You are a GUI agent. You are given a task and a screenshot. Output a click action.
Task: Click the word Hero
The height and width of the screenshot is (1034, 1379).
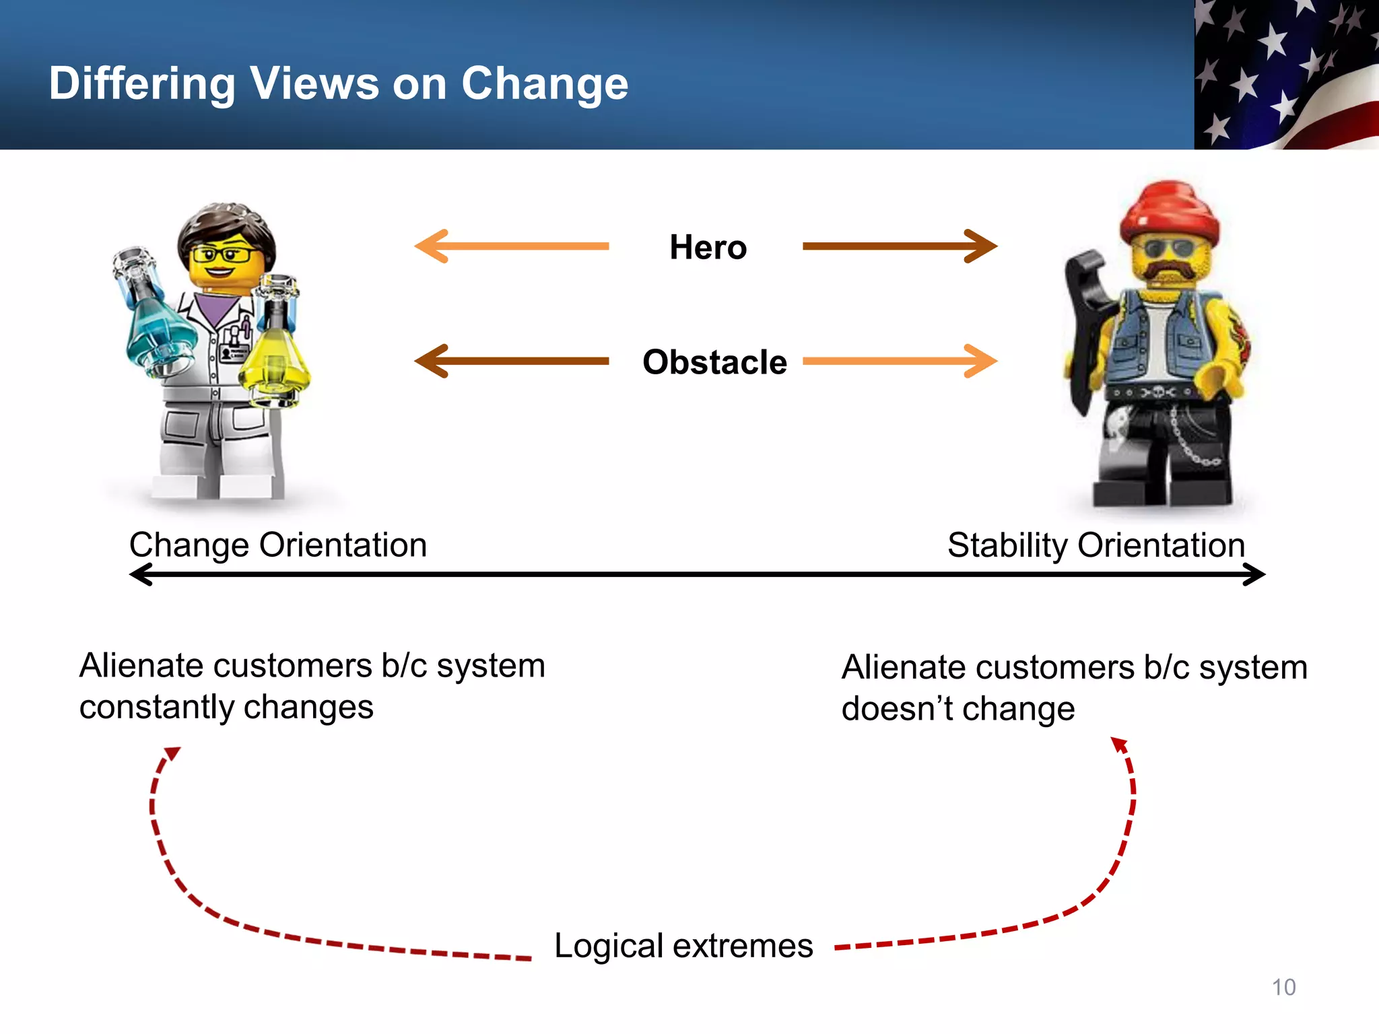[708, 247]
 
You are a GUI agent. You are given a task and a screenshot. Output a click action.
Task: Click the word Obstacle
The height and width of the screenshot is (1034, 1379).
[714, 362]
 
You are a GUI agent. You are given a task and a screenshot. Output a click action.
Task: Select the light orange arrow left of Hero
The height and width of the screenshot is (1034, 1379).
[512, 246]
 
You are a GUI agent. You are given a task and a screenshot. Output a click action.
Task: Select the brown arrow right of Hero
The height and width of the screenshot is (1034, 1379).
[900, 246]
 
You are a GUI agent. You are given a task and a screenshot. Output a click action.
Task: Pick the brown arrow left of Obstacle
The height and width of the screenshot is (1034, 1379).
[512, 361]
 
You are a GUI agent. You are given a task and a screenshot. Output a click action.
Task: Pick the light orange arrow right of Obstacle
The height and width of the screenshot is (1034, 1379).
[900, 361]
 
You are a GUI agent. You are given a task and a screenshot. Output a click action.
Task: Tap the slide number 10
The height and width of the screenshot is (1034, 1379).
[1283, 987]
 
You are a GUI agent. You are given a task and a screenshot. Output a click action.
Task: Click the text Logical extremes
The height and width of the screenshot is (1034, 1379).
[683, 945]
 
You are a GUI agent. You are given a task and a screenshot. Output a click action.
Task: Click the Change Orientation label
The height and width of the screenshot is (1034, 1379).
[278, 545]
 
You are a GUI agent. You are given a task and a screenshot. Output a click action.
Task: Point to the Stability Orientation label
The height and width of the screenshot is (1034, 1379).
[1096, 545]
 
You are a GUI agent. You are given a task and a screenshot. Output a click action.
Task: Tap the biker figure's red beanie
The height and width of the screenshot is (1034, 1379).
[1169, 210]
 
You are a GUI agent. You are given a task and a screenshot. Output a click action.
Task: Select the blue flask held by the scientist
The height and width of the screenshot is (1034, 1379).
[154, 323]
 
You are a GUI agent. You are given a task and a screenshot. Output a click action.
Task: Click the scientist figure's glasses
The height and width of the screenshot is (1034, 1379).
[222, 254]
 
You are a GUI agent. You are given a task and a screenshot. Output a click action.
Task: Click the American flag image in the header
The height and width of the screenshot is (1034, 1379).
[1286, 74]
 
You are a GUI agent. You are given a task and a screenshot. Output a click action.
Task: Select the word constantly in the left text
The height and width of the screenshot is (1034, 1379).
[156, 708]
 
